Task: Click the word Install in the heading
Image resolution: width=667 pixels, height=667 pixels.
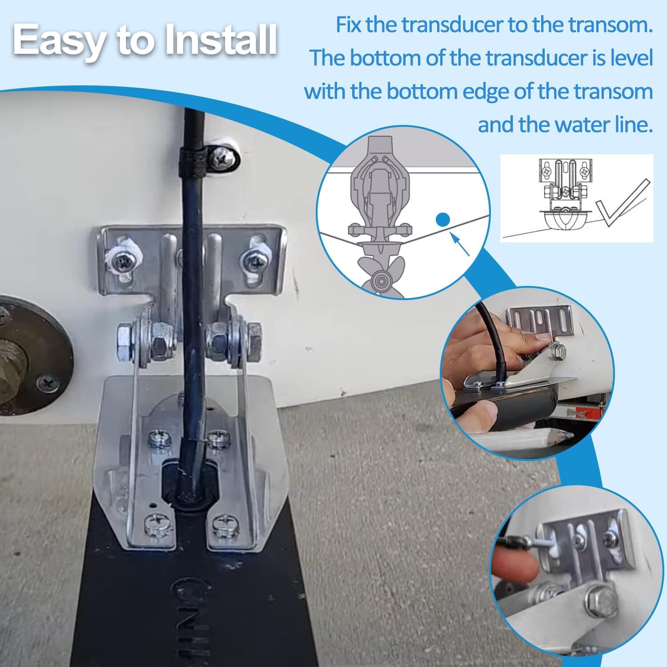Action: click(220, 41)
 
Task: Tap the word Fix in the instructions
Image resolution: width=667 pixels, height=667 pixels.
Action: click(350, 25)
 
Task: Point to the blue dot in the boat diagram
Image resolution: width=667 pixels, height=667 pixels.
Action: click(443, 219)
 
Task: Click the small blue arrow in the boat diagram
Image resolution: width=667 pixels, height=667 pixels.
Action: click(461, 245)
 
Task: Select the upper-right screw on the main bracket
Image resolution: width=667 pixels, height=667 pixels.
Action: click(252, 259)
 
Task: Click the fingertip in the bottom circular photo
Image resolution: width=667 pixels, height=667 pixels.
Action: click(511, 567)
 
